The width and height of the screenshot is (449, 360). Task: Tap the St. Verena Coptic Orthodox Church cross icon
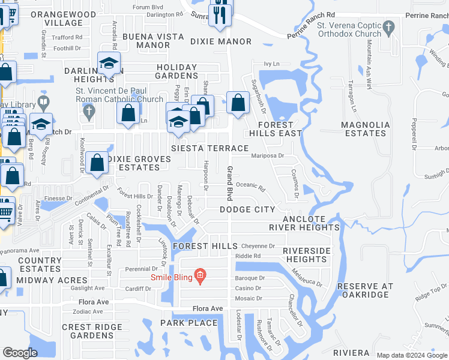pos(389,26)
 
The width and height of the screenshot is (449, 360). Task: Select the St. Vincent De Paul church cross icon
pos(89,111)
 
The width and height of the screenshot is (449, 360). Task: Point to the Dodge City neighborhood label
pos(247,209)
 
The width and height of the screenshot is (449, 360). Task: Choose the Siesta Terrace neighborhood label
pos(209,148)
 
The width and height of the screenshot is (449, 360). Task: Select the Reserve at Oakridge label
pos(365,290)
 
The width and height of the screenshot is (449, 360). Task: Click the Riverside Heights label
pos(306,254)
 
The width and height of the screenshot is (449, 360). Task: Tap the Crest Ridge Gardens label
pos(88,331)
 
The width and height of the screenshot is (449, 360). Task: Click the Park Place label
pos(188,323)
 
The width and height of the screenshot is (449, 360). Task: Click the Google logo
pos(20,353)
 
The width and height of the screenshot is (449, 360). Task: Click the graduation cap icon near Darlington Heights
pos(109,64)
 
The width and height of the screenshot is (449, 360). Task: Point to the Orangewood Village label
pos(63,18)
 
